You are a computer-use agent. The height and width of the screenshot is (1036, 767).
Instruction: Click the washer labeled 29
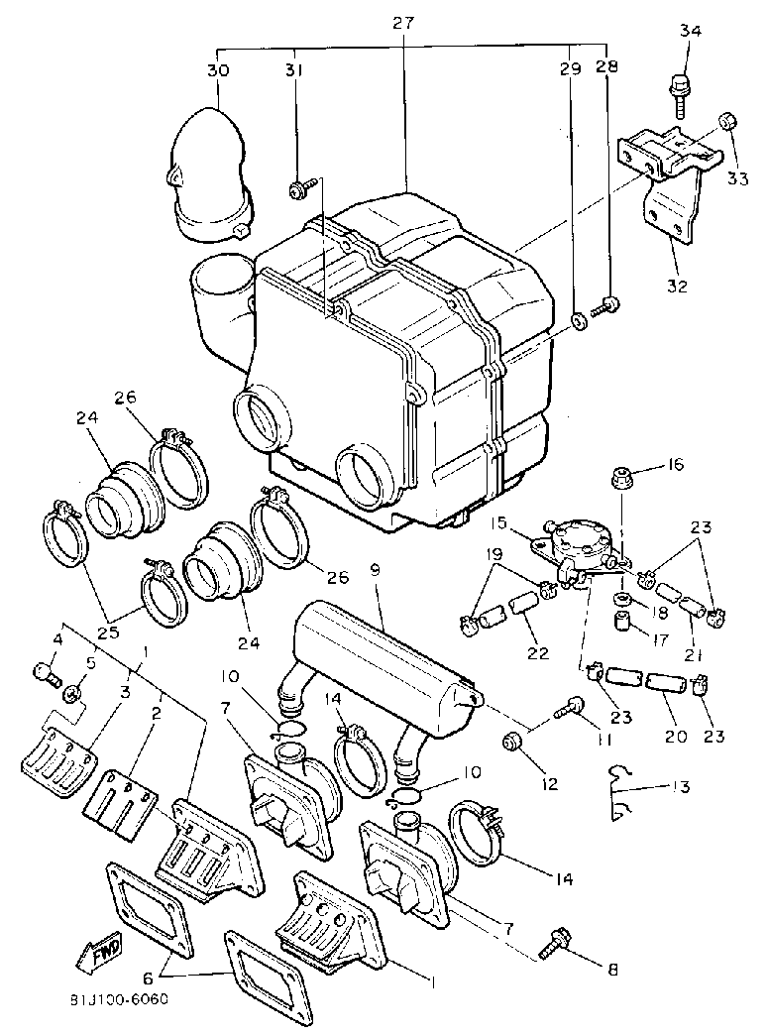click(577, 321)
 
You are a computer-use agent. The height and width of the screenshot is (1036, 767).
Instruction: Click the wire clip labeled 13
click(620, 791)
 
